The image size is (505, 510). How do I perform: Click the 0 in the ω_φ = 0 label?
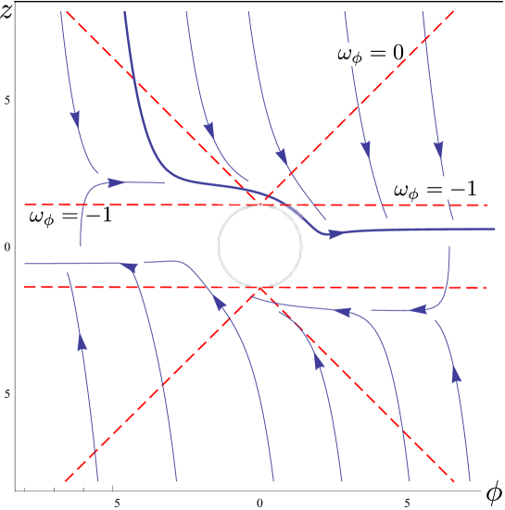(x=398, y=54)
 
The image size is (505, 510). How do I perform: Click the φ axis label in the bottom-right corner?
(x=494, y=491)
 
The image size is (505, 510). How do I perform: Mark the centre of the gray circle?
(x=260, y=245)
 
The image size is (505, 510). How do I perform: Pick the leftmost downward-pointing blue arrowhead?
(x=74, y=119)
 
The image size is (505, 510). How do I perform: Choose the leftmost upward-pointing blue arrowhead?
(x=82, y=341)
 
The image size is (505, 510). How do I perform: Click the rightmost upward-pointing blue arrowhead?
(x=455, y=372)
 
